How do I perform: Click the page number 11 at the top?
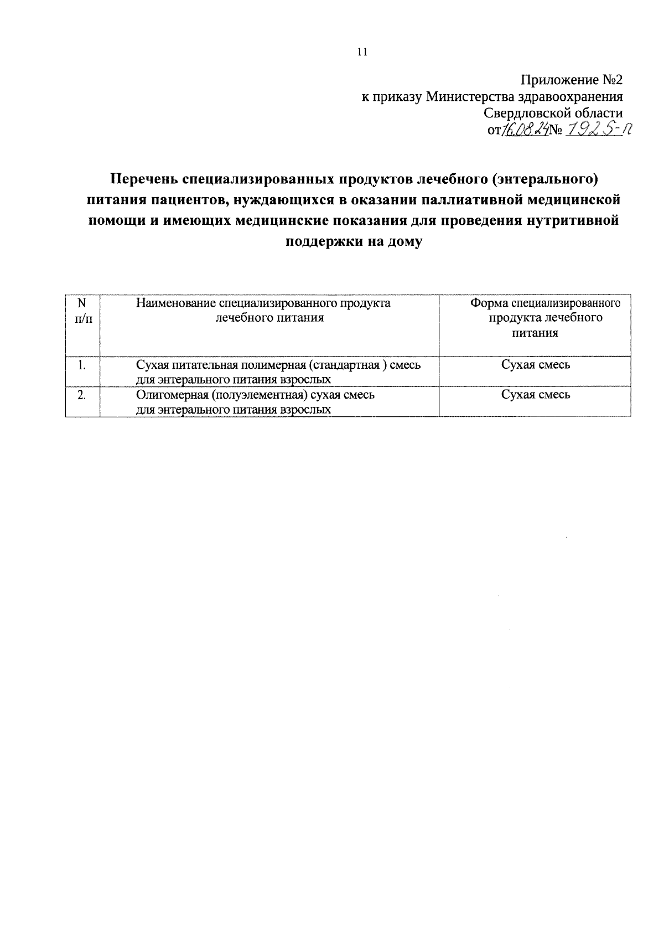pyautogui.click(x=362, y=53)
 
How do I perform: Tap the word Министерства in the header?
pyautogui.click(x=471, y=97)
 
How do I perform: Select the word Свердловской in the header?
pyautogui.click(x=526, y=113)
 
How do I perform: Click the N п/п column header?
pyautogui.click(x=82, y=311)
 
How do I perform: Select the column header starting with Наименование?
pyautogui.click(x=263, y=311)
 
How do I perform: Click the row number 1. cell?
pyautogui.click(x=82, y=365)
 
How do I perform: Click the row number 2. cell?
pyautogui.click(x=82, y=395)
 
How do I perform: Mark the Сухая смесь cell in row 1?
pyautogui.click(x=535, y=365)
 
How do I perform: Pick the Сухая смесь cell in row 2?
pyautogui.click(x=535, y=395)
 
